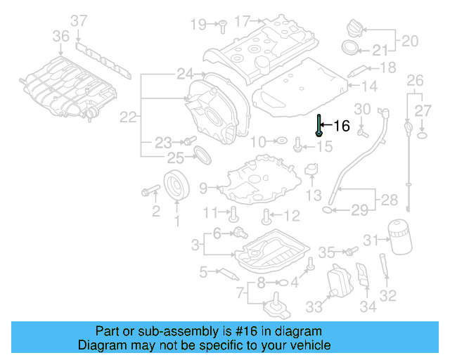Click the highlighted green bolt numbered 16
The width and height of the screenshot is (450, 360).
[x=319, y=125]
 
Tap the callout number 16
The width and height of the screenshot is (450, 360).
[x=341, y=126]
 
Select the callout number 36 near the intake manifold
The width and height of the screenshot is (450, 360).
[x=61, y=35]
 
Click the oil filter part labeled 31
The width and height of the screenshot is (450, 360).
[x=397, y=236]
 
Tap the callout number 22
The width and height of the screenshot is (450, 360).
[x=127, y=117]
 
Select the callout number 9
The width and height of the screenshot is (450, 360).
[x=203, y=188]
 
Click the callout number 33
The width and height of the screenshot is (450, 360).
[x=313, y=307]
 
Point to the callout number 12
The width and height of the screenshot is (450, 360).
[x=291, y=215]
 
